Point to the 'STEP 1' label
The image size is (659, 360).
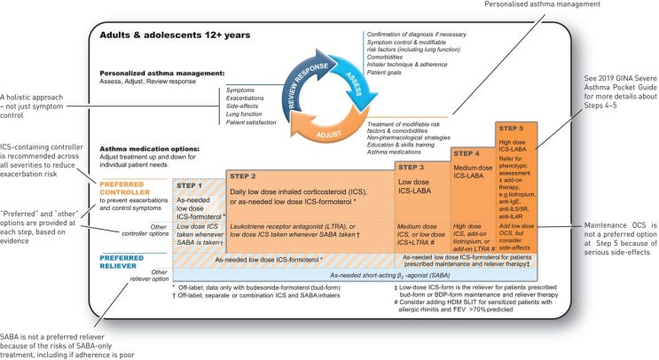click(191, 186)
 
